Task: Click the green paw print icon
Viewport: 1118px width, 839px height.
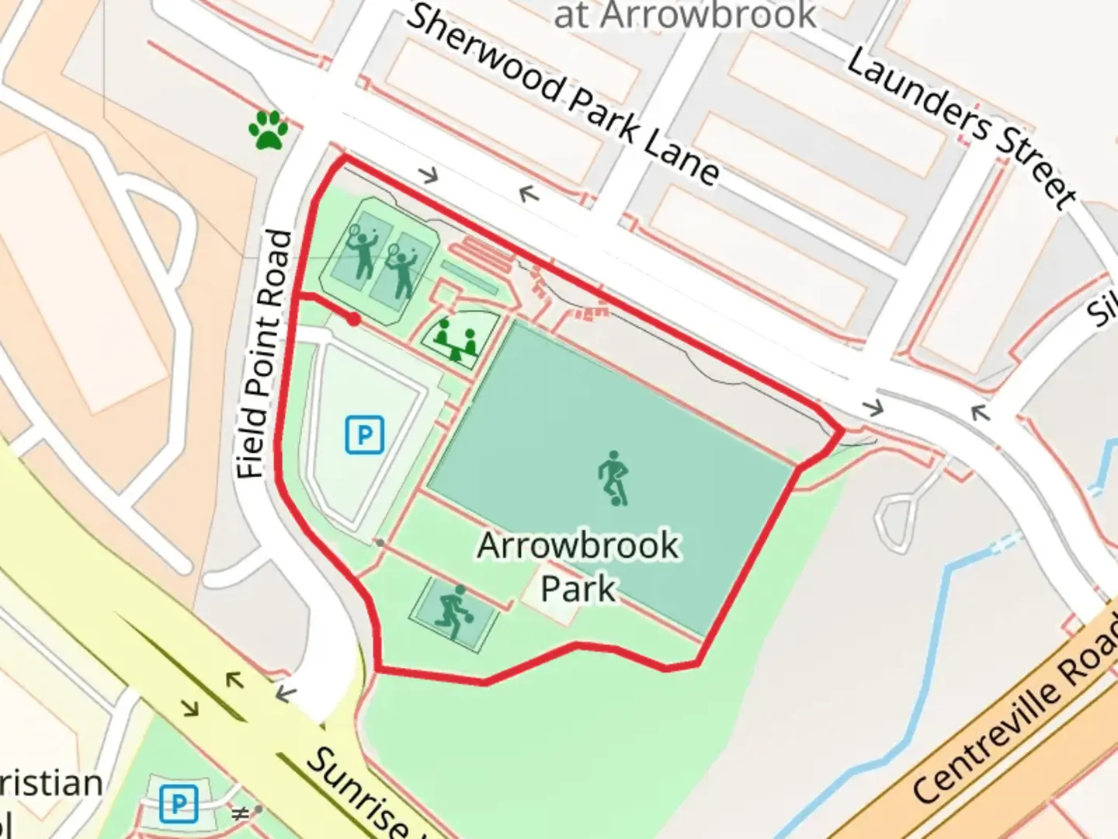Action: tap(269, 129)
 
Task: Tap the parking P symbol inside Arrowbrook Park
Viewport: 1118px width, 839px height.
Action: tap(364, 434)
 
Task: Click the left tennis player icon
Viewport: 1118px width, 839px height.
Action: tap(360, 251)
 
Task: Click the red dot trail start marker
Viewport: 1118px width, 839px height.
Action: tap(354, 319)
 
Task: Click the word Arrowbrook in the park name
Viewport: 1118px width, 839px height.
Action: tap(578, 545)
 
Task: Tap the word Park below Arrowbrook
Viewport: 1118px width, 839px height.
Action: tap(578, 589)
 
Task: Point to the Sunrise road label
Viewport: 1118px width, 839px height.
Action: tap(357, 792)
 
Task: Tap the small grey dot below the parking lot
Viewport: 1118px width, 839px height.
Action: tap(380, 542)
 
